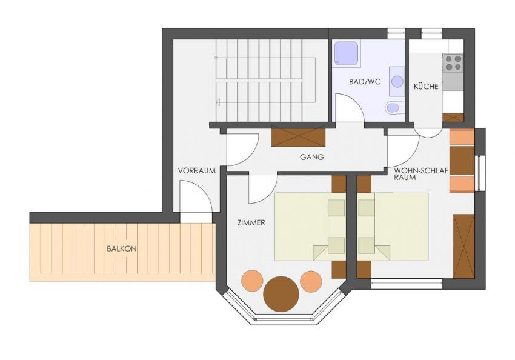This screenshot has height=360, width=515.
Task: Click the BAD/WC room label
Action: coord(365,81)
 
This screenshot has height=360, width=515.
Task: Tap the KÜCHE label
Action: coord(426,87)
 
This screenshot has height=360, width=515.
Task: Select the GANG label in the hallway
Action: coord(311,157)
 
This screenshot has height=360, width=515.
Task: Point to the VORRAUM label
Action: coord(197,170)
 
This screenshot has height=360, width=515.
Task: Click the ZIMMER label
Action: coord(251,222)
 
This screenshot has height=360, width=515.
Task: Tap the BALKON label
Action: coord(122,248)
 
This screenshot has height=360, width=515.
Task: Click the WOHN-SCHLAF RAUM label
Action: coord(421,174)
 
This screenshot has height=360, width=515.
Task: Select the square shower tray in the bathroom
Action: coord(346,53)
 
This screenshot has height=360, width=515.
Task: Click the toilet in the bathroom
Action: coord(394,107)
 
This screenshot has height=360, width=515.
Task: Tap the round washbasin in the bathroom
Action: coord(397,81)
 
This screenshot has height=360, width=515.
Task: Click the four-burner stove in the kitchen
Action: coord(453,63)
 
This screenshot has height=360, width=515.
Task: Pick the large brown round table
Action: coord(281,294)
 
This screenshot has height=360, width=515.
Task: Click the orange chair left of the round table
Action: coord(252,281)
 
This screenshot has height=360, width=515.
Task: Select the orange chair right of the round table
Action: coord(311,281)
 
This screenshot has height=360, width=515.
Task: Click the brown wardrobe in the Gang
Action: coord(298,136)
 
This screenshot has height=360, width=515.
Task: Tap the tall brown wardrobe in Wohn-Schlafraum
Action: coord(463,246)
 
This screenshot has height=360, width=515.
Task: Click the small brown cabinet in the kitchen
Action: coord(453,118)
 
